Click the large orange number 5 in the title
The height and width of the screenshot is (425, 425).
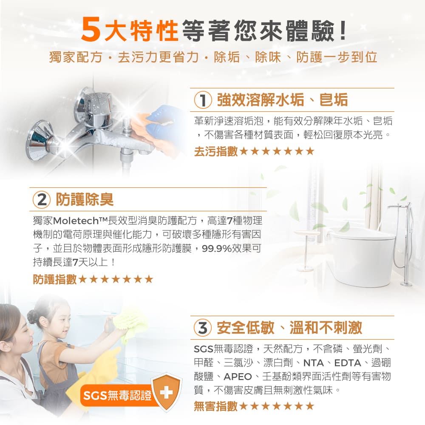91,30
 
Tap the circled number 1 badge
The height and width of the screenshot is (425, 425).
203,100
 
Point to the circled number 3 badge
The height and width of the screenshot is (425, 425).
203,328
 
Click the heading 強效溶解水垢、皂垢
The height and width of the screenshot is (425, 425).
283,100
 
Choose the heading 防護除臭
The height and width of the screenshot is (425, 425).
85,199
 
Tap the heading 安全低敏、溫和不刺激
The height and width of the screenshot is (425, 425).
289,328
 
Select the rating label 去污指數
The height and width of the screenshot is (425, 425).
216,151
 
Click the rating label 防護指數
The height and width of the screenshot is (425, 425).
55,279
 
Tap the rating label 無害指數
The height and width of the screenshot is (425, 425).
216,406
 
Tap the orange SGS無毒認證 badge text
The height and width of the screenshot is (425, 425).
117,395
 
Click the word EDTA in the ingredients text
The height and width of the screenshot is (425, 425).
348,363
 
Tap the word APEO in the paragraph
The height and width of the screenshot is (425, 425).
238,377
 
